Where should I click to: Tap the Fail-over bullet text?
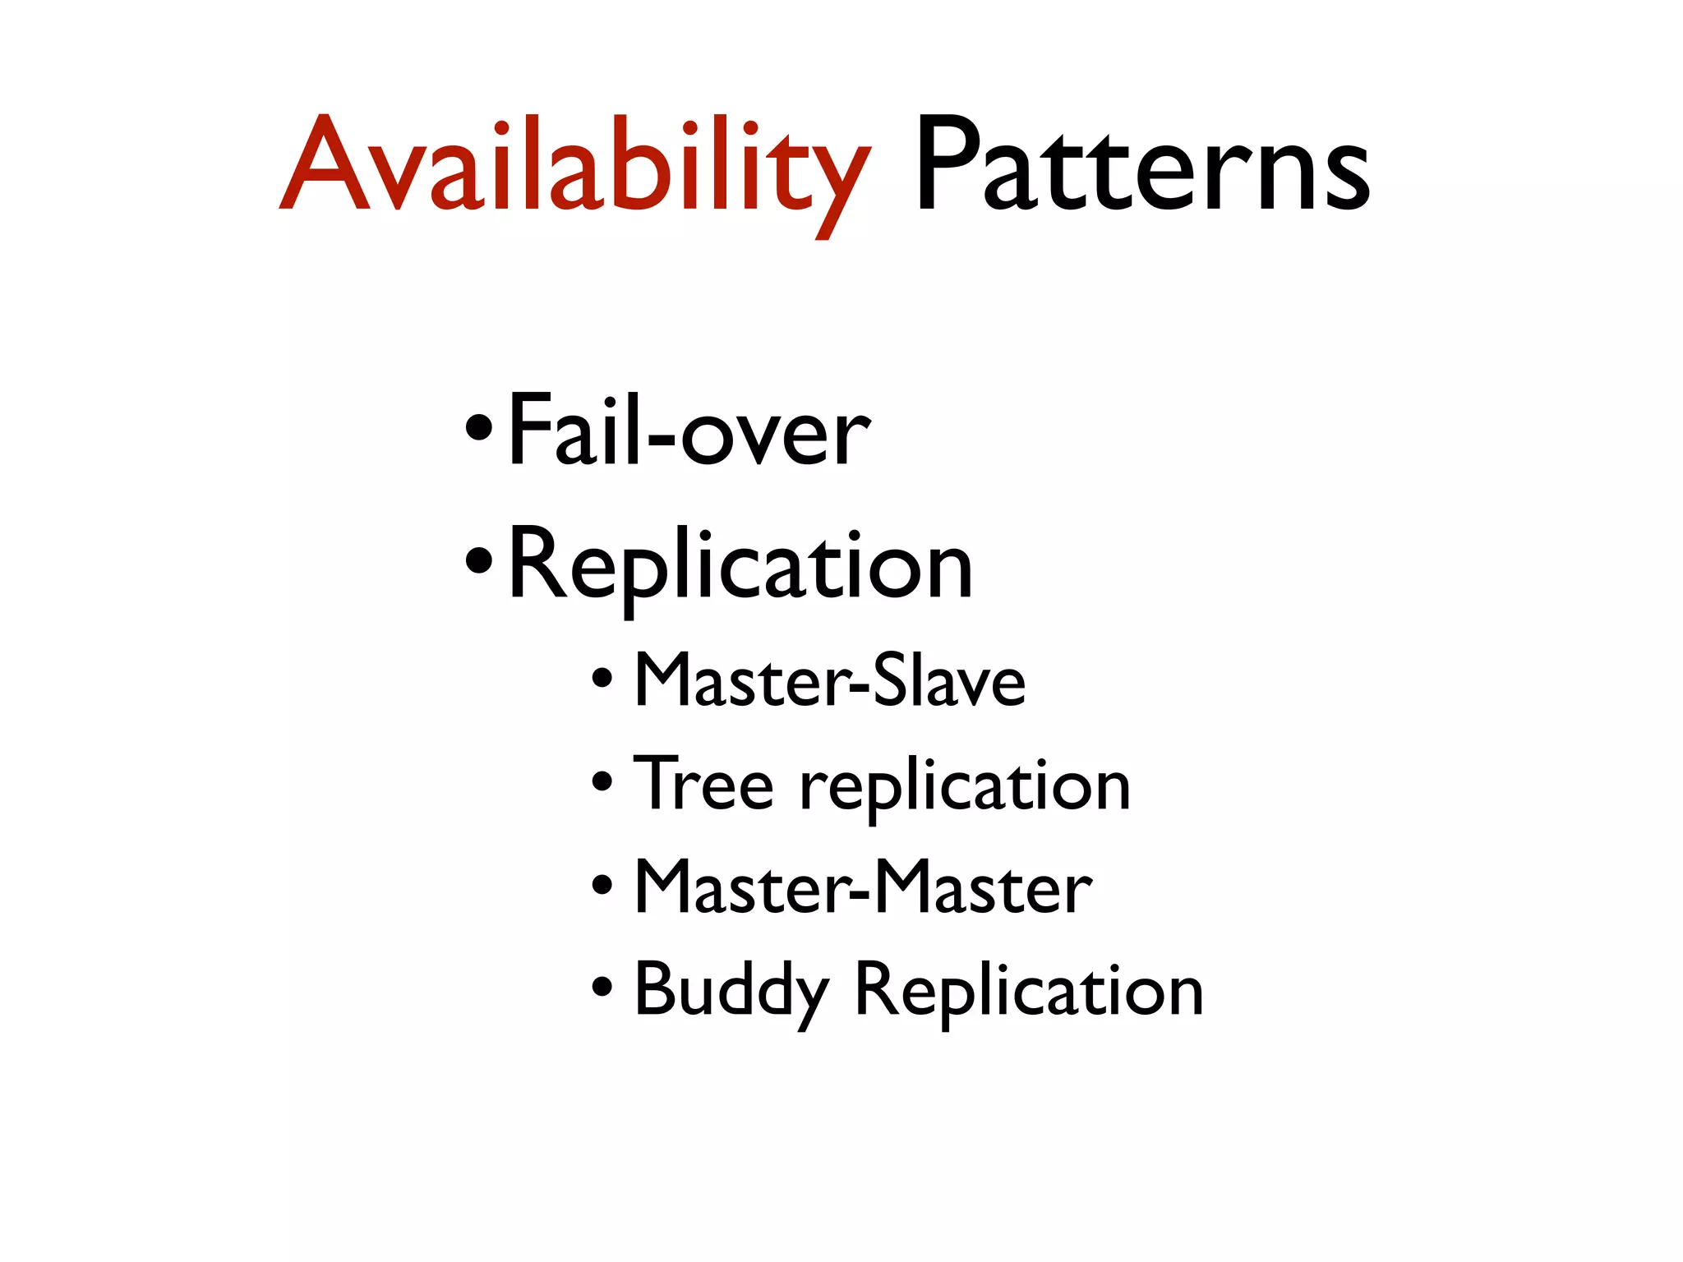pyautogui.click(x=689, y=431)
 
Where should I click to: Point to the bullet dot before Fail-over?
pyautogui.click(x=479, y=428)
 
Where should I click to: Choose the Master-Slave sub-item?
pyautogui.click(x=830, y=681)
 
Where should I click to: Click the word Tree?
pyautogui.click(x=703, y=784)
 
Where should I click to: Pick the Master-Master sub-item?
pyautogui.click(x=863, y=887)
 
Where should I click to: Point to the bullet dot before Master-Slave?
pyautogui.click(x=602, y=679)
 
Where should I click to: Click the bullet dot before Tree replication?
pyautogui.click(x=602, y=781)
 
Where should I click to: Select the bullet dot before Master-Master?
pyautogui.click(x=602, y=885)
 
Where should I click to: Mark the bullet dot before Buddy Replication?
pyautogui.click(x=602, y=986)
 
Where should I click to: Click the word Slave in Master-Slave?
pyautogui.click(x=949, y=681)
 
